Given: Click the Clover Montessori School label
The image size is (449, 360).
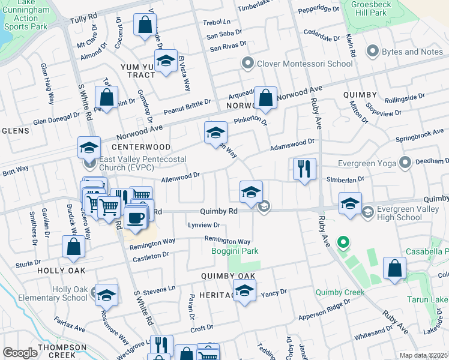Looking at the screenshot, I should tap(305, 64).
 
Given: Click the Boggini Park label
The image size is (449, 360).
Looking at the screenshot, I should tap(235, 251).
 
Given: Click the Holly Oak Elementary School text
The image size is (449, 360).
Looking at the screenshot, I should tap(70, 293).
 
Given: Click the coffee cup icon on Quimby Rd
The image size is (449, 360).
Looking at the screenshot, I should tap(136, 217).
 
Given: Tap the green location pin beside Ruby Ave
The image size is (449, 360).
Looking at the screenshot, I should tap(343, 243).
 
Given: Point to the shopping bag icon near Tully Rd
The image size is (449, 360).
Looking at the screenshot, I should tap(145, 25).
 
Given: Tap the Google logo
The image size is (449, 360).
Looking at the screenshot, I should tap(20, 353).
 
